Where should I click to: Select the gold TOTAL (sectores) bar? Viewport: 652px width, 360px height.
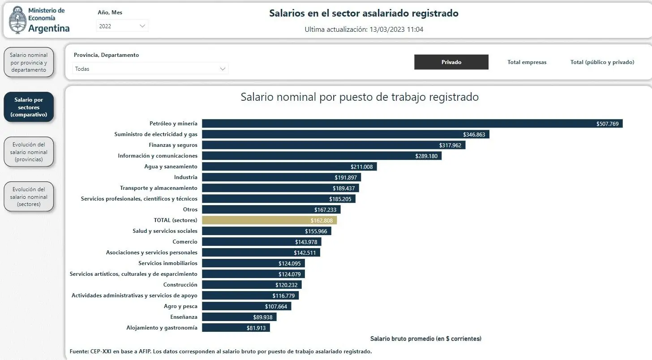(x=269, y=220)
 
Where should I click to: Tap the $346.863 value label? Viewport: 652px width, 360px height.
(x=474, y=134)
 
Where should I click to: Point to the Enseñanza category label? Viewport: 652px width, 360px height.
(x=184, y=317)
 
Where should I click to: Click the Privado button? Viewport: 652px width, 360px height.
(x=451, y=62)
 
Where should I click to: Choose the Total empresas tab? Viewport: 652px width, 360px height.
(x=527, y=62)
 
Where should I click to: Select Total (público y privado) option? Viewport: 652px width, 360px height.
(x=602, y=62)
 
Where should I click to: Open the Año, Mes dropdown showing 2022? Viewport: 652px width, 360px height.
(x=122, y=26)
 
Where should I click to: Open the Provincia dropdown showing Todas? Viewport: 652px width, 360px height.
(x=150, y=69)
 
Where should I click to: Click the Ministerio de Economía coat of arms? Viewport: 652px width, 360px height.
(x=17, y=20)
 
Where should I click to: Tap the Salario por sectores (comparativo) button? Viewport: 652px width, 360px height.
(x=29, y=107)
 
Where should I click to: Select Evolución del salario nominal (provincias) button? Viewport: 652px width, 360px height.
(x=29, y=152)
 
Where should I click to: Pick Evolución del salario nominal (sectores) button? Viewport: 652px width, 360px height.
(x=29, y=197)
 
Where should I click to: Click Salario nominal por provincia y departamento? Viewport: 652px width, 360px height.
(x=29, y=62)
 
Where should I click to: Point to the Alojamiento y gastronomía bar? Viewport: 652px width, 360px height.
(x=236, y=328)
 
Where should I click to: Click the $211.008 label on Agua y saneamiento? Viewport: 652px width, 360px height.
(x=361, y=167)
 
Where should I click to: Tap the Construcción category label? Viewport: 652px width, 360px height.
(x=180, y=285)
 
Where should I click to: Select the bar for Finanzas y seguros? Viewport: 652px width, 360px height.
(x=334, y=145)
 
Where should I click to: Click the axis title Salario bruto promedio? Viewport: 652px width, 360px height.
(x=425, y=339)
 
